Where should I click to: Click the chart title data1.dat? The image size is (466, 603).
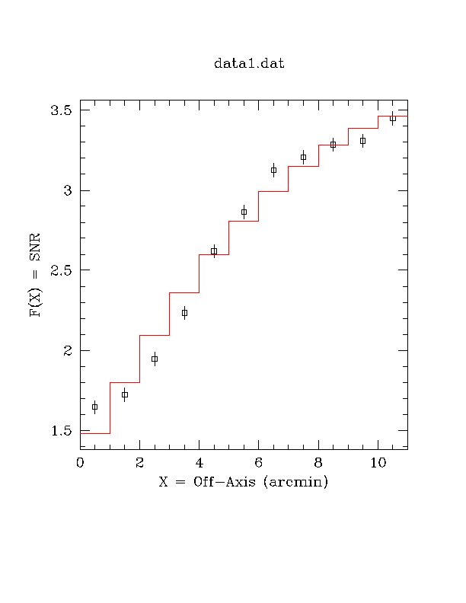pyautogui.click(x=249, y=64)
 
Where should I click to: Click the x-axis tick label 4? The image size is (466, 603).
pyautogui.click(x=199, y=462)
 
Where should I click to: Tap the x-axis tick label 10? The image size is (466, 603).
pyautogui.click(x=378, y=462)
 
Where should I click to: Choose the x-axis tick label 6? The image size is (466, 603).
pyautogui.click(x=258, y=462)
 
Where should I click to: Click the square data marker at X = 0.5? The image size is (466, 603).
pyautogui.click(x=94, y=407)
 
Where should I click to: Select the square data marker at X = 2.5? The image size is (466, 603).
pyautogui.click(x=155, y=359)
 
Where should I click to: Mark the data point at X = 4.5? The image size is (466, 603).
pyautogui.click(x=214, y=251)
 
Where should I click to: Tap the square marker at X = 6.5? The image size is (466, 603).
pyautogui.click(x=273, y=170)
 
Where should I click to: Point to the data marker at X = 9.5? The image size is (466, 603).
pyautogui.click(x=362, y=141)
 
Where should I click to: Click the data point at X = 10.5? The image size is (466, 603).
pyautogui.click(x=392, y=118)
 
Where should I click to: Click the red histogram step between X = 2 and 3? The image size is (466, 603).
pyautogui.click(x=155, y=335)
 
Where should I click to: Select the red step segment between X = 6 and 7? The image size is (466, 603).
pyautogui.click(x=273, y=191)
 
